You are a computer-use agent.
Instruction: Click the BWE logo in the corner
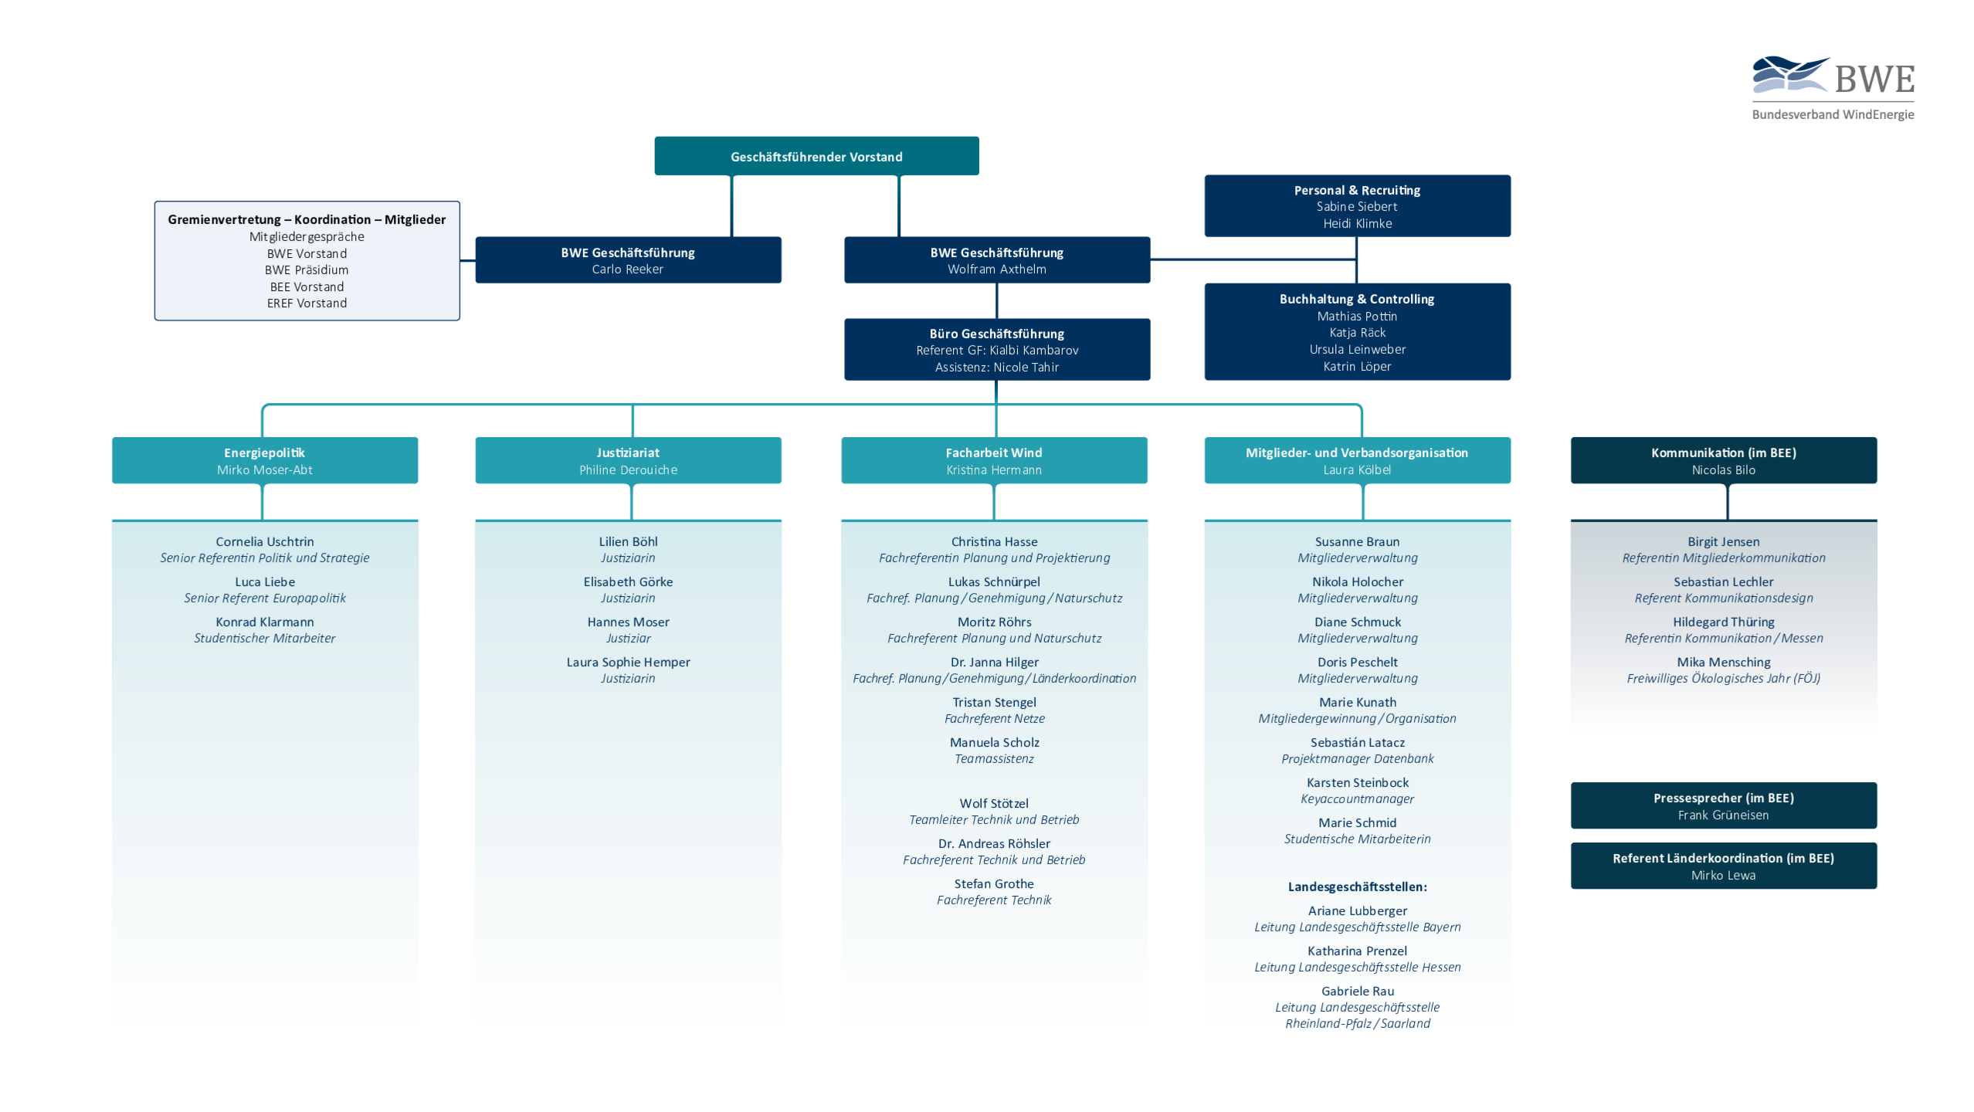coord(1833,86)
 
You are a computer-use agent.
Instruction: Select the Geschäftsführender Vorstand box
coord(816,156)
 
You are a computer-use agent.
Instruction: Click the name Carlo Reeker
coord(627,270)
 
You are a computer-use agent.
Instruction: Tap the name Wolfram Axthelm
coord(996,270)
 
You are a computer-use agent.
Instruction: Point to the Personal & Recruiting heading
coord(1356,190)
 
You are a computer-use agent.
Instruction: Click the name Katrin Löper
coord(1356,367)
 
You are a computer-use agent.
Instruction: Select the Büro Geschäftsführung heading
coord(996,334)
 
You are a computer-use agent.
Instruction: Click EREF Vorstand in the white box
coord(307,303)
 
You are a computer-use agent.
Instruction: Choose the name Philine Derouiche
coord(628,470)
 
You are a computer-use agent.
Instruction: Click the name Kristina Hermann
coord(994,470)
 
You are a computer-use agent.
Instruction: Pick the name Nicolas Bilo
coord(1723,470)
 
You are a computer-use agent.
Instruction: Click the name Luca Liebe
coord(265,582)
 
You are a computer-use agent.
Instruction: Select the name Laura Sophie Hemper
coord(628,663)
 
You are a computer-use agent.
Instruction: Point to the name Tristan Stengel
coord(994,703)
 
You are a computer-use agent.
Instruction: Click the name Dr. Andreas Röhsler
coord(994,844)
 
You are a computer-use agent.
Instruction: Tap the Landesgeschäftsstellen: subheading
coord(1357,887)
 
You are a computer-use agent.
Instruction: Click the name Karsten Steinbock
coord(1357,783)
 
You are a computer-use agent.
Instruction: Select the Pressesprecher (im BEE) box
coord(1723,805)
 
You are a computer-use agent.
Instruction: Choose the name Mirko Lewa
coord(1723,876)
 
